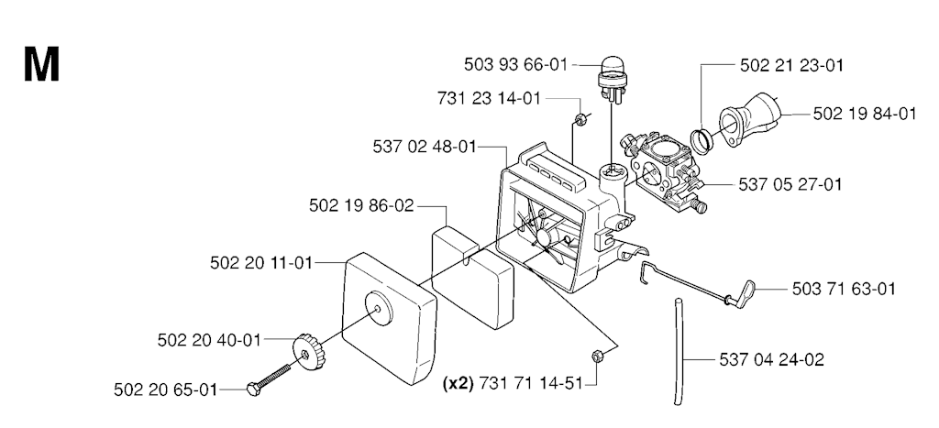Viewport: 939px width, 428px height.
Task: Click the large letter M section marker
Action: pos(41,66)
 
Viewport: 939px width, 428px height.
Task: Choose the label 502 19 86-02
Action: pos(362,206)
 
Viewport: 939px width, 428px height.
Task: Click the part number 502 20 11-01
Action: pos(261,262)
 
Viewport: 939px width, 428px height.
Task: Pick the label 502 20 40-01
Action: pos(209,339)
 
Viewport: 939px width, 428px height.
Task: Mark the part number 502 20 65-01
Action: pos(166,390)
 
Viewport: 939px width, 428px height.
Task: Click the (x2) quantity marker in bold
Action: pos(458,383)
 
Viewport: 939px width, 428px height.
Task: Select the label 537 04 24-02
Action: pos(771,359)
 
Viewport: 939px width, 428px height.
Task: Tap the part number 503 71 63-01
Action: pos(844,289)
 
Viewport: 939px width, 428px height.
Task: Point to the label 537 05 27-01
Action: pos(790,184)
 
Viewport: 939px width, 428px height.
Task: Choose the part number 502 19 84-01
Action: pos(865,114)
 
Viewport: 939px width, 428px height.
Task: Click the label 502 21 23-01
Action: pos(791,65)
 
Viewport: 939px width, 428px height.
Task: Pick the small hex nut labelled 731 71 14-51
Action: pos(597,357)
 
